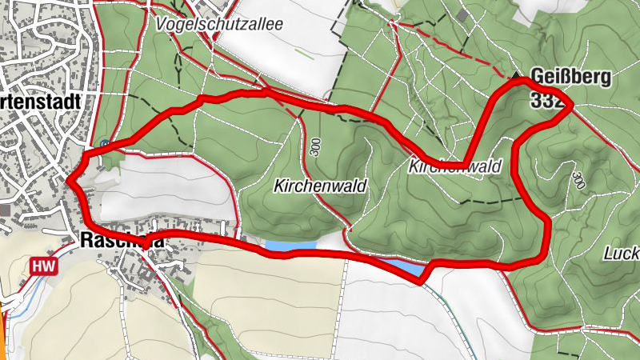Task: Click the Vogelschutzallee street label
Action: click(x=221, y=24)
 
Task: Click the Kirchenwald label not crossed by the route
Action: click(x=320, y=186)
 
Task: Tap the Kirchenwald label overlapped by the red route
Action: click(x=454, y=166)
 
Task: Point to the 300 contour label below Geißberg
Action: click(x=578, y=179)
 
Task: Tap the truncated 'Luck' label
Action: click(x=622, y=254)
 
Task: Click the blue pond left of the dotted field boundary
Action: click(x=284, y=246)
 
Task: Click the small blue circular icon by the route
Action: click(x=105, y=144)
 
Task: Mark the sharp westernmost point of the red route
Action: click(x=68, y=182)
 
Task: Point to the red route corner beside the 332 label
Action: click(x=571, y=104)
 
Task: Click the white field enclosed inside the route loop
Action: click(x=160, y=188)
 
